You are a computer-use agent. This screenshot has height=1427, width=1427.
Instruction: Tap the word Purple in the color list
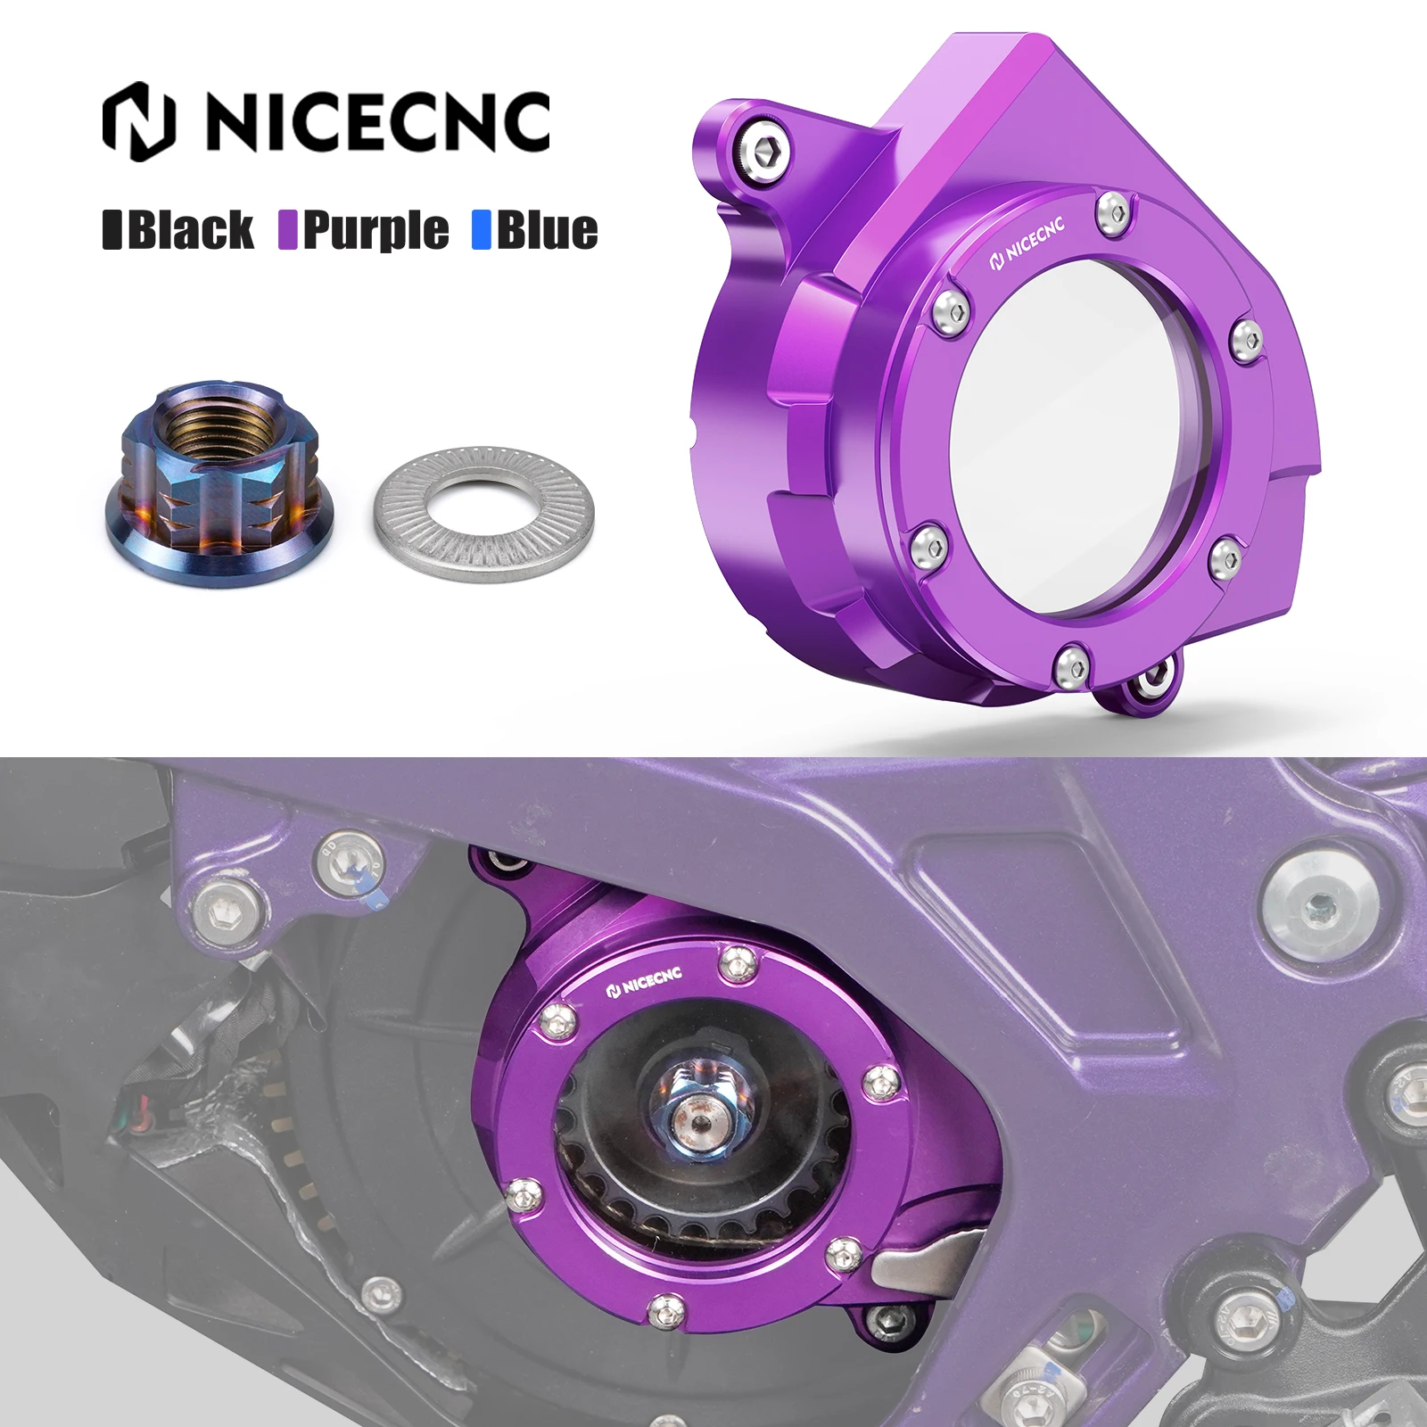375,230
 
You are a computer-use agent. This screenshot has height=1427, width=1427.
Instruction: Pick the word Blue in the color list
546,230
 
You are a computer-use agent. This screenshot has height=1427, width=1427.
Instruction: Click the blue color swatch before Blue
482,230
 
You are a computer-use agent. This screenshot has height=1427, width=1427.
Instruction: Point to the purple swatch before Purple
287,230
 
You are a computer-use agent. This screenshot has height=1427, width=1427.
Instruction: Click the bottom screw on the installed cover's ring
664,1307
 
